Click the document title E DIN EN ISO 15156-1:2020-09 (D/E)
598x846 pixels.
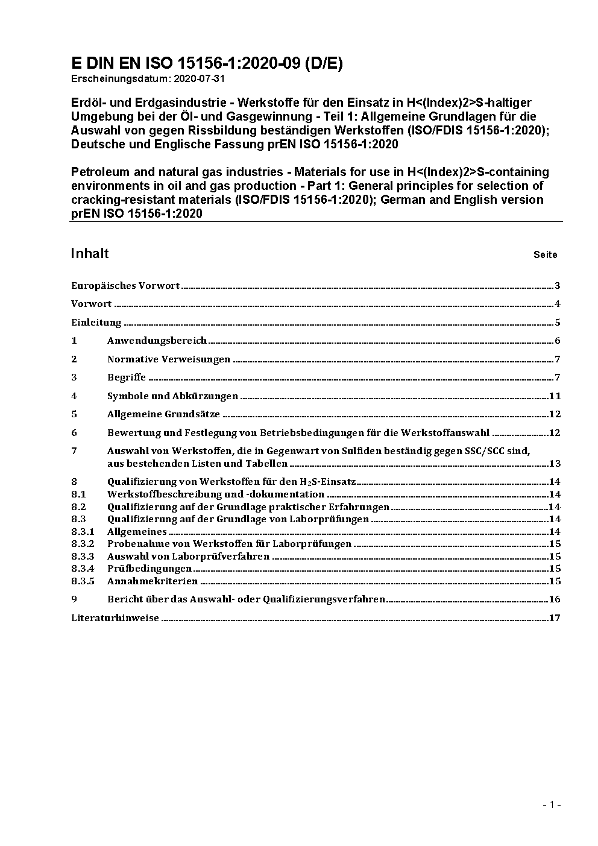click(x=207, y=64)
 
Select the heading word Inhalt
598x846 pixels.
click(x=90, y=253)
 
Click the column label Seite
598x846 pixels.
click(x=545, y=254)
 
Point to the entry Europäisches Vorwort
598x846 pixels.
click(x=125, y=286)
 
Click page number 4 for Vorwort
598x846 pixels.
click(x=558, y=304)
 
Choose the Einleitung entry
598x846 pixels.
click(x=96, y=323)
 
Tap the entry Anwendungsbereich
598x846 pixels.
click(x=157, y=341)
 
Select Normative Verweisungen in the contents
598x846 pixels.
click(x=169, y=359)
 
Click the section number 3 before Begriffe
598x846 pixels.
click(x=74, y=377)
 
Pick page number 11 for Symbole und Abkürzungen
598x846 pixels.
click(x=555, y=396)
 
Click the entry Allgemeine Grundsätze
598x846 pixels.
click(x=163, y=414)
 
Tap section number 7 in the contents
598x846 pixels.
click(x=74, y=450)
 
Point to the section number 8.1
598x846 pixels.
click(x=78, y=494)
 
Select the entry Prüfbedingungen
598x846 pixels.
click(x=149, y=569)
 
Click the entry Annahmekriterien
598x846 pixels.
click(x=153, y=581)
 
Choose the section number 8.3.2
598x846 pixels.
click(x=83, y=544)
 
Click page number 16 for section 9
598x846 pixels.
click(x=555, y=599)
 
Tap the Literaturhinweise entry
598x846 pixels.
click(x=115, y=618)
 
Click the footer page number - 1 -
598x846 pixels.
click(x=552, y=804)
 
